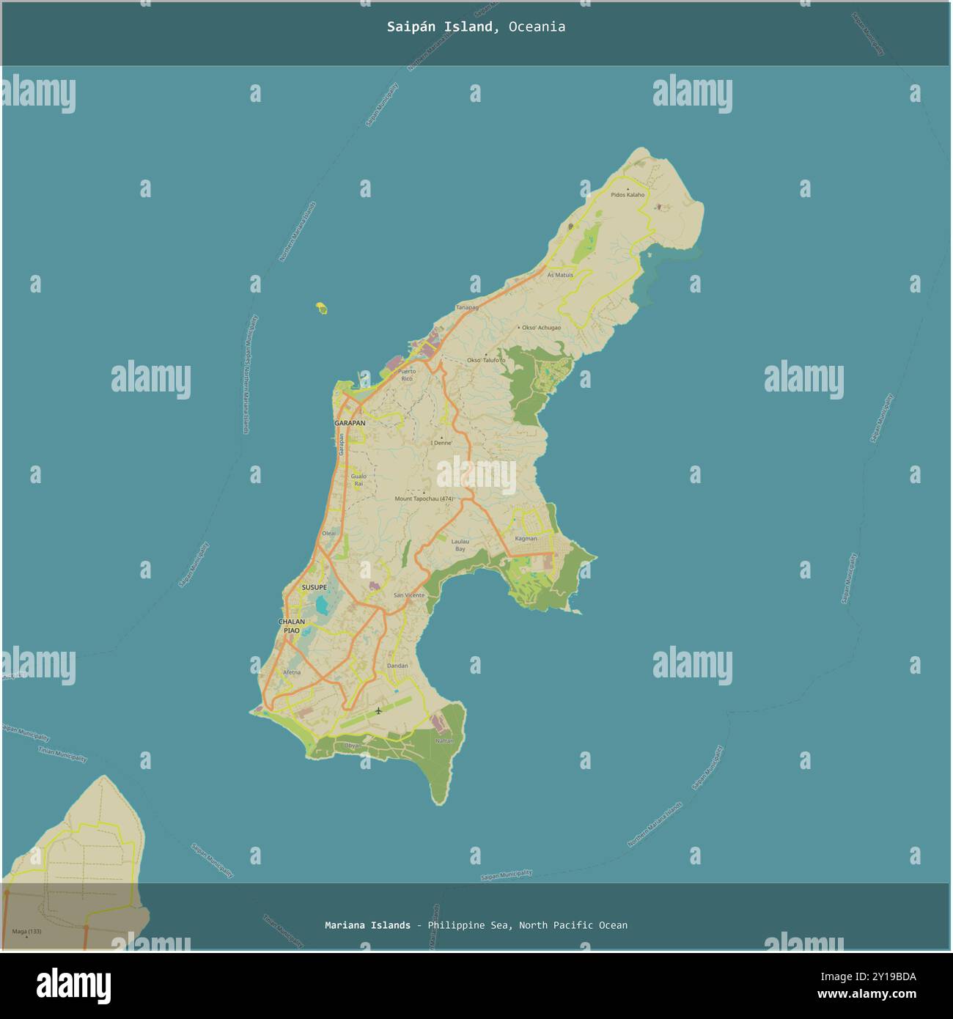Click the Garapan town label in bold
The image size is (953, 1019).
pyautogui.click(x=350, y=423)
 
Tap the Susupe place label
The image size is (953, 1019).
pyautogui.click(x=314, y=588)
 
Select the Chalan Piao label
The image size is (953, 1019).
pyautogui.click(x=291, y=626)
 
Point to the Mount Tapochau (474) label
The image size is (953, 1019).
pyautogui.click(x=424, y=499)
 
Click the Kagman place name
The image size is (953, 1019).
pyautogui.click(x=526, y=539)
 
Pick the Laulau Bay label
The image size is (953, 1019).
pyautogui.click(x=460, y=545)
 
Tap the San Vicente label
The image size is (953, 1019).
pyautogui.click(x=409, y=595)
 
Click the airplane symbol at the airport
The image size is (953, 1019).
pyautogui.click(x=378, y=710)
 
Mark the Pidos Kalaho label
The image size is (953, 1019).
pyautogui.click(x=628, y=195)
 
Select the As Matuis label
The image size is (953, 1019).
pyautogui.click(x=560, y=275)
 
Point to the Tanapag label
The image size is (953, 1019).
pyautogui.click(x=467, y=307)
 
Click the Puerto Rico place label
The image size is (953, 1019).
pyautogui.click(x=407, y=375)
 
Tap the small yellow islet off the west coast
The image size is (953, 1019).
pyautogui.click(x=321, y=309)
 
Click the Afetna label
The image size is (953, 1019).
pyautogui.click(x=292, y=672)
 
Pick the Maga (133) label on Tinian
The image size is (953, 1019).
pyautogui.click(x=27, y=932)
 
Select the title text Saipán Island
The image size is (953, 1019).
pyautogui.click(x=444, y=27)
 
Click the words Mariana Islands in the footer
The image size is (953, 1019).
pyautogui.click(x=367, y=925)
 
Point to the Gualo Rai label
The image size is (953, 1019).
pyautogui.click(x=358, y=480)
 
